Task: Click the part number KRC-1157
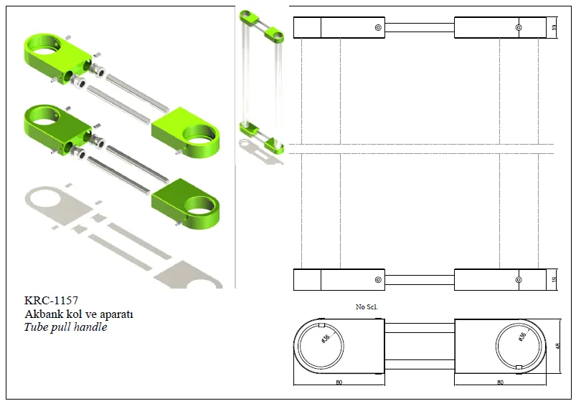click(51, 300)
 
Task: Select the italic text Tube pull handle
click(65, 327)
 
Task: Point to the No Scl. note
click(367, 306)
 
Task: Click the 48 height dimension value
click(557, 346)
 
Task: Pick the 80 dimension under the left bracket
click(339, 382)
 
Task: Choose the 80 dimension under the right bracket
click(500, 382)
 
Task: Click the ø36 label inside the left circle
click(326, 339)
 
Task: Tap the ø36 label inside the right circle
click(522, 337)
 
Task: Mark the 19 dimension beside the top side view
click(554, 26)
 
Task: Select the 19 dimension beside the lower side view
click(554, 279)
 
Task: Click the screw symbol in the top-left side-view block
click(378, 27)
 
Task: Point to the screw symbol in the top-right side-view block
click(519, 27)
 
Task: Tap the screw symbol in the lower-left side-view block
click(378, 280)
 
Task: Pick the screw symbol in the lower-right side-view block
click(519, 280)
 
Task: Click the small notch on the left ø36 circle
click(322, 324)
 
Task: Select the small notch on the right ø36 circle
click(519, 367)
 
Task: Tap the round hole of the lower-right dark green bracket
click(200, 206)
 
